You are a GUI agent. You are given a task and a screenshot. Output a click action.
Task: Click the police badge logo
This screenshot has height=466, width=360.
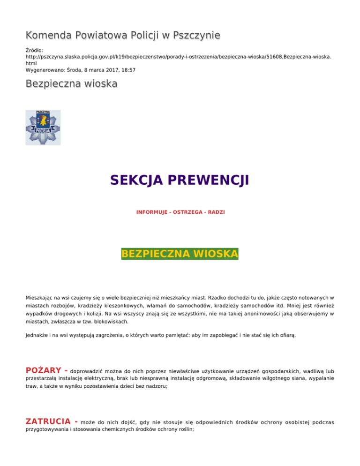(x=43, y=128)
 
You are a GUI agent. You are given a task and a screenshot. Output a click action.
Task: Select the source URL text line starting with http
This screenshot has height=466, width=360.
(x=178, y=55)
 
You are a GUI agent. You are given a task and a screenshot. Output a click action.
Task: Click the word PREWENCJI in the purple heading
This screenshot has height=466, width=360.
(x=208, y=180)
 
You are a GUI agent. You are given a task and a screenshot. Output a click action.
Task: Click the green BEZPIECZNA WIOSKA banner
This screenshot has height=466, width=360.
(x=180, y=254)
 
